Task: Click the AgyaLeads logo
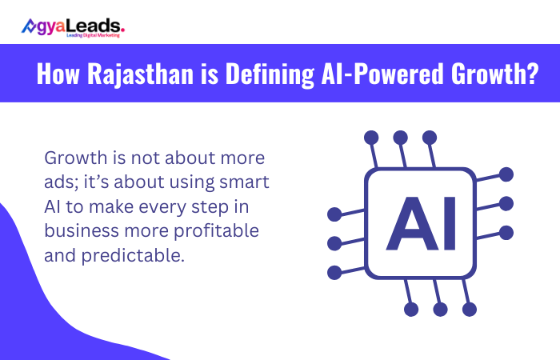pyautogui.click(x=73, y=26)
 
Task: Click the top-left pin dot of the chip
pyautogui.click(x=370, y=137)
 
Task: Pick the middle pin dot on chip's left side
pyautogui.click(x=334, y=242)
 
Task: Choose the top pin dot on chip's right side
pyautogui.click(x=506, y=173)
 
